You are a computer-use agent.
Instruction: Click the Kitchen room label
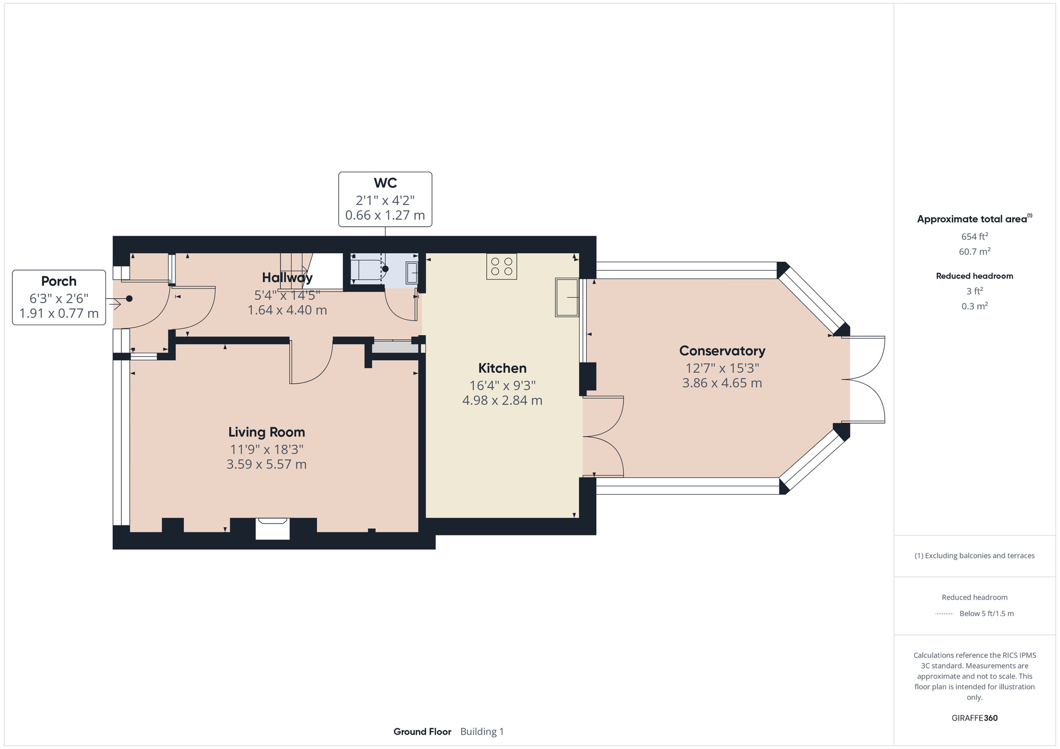pos(502,368)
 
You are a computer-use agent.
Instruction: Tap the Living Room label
pos(267,432)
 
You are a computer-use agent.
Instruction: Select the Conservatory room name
pos(722,351)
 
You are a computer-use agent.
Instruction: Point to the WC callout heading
pos(385,183)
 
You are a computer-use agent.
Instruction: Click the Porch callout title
pos(59,281)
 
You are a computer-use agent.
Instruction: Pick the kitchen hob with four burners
pos(501,266)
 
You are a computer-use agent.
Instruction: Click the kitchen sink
pos(567,297)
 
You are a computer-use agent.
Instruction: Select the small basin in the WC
pos(412,273)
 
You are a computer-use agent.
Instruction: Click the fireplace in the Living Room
pos(272,529)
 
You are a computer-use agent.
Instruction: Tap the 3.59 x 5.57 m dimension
pos(267,465)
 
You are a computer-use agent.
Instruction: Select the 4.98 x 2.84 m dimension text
pos(502,400)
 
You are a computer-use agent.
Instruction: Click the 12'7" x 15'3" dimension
pos(722,368)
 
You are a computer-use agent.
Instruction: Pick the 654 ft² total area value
pos(975,236)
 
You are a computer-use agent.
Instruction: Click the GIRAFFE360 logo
pos(975,718)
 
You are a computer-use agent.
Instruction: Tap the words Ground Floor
pos(422,732)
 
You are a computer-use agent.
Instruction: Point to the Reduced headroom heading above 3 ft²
pos(975,276)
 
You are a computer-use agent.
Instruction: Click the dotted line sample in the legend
pos(945,614)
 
